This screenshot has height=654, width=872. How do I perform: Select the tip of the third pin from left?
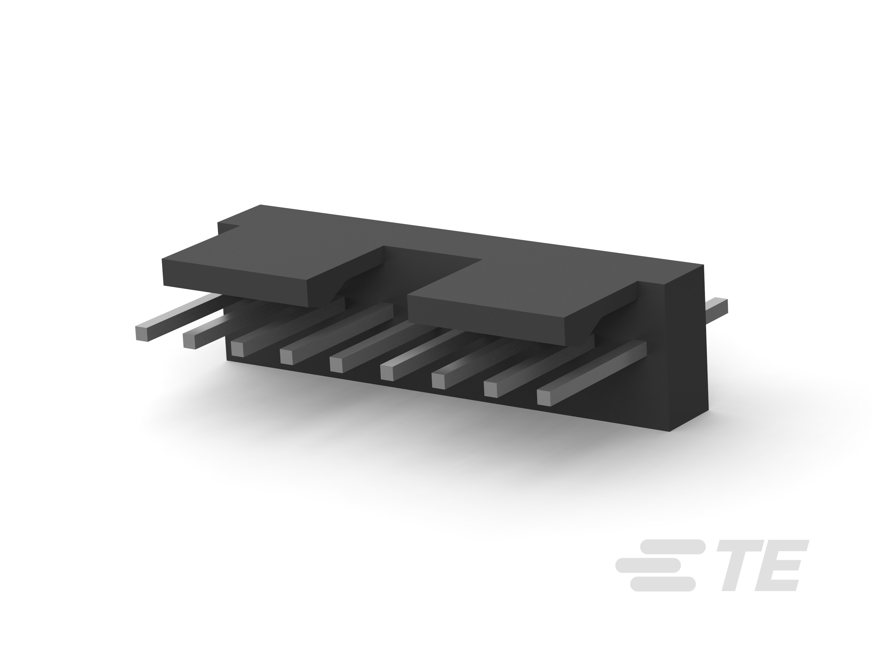pyautogui.click(x=238, y=349)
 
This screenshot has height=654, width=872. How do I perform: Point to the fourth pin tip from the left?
pyautogui.click(x=287, y=356)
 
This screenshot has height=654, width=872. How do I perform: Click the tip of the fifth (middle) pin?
pyautogui.click(x=337, y=364)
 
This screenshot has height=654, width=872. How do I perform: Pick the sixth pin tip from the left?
pyautogui.click(x=388, y=372)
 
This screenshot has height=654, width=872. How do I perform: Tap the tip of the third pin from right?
pyautogui.click(x=439, y=380)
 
